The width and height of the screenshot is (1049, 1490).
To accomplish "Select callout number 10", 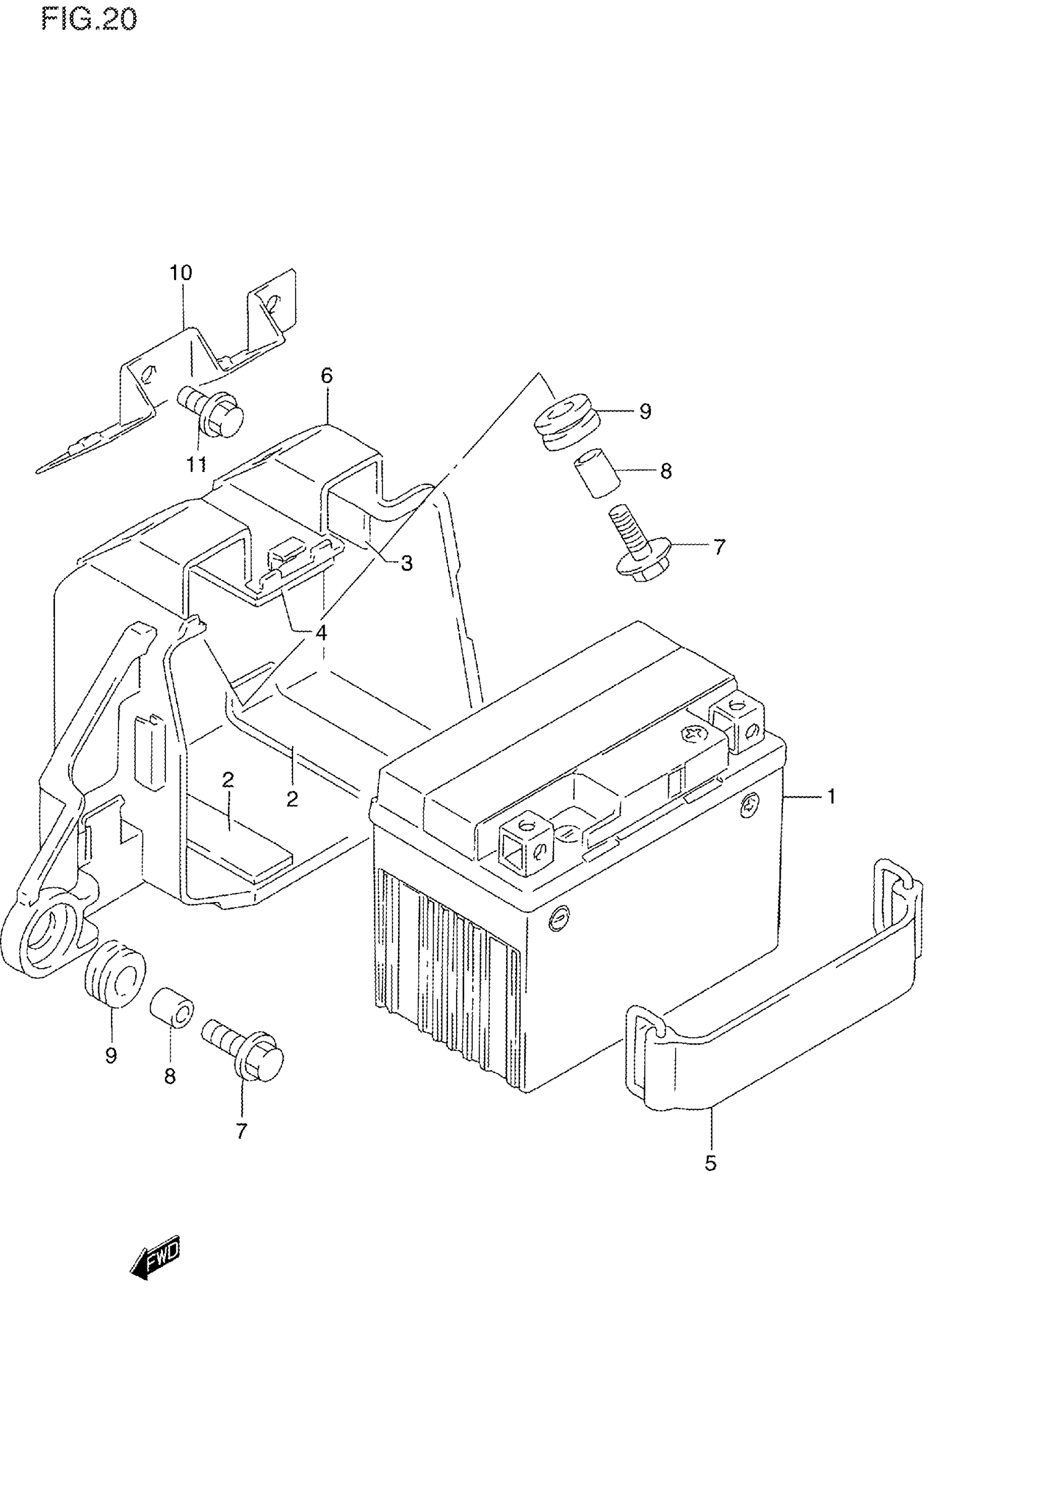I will pyautogui.click(x=181, y=273).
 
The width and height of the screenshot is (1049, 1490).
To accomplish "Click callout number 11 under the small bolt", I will pyautogui.click(x=197, y=465).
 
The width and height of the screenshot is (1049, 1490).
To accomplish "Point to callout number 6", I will pyautogui.click(x=326, y=376).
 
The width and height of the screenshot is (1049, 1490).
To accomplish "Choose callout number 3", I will pyautogui.click(x=407, y=563).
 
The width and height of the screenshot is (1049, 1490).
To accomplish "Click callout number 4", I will pyautogui.click(x=321, y=633).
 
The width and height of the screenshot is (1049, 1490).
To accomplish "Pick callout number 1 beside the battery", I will pyautogui.click(x=832, y=797).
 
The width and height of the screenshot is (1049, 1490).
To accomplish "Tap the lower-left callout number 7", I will pyautogui.click(x=241, y=1131).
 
